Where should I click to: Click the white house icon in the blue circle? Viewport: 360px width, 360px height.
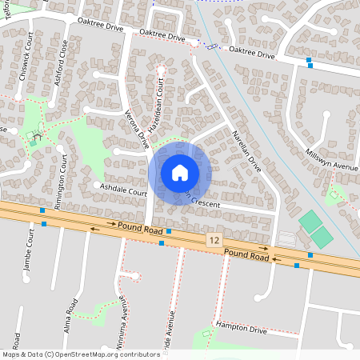coord(180,172)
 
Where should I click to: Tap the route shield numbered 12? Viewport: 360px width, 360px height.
coord(213,240)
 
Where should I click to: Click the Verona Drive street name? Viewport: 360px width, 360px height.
coord(138,128)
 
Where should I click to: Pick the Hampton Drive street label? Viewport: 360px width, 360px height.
coord(240,328)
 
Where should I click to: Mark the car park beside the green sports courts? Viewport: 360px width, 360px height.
coord(286,238)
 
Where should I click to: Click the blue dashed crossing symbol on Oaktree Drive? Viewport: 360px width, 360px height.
coord(211,46)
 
